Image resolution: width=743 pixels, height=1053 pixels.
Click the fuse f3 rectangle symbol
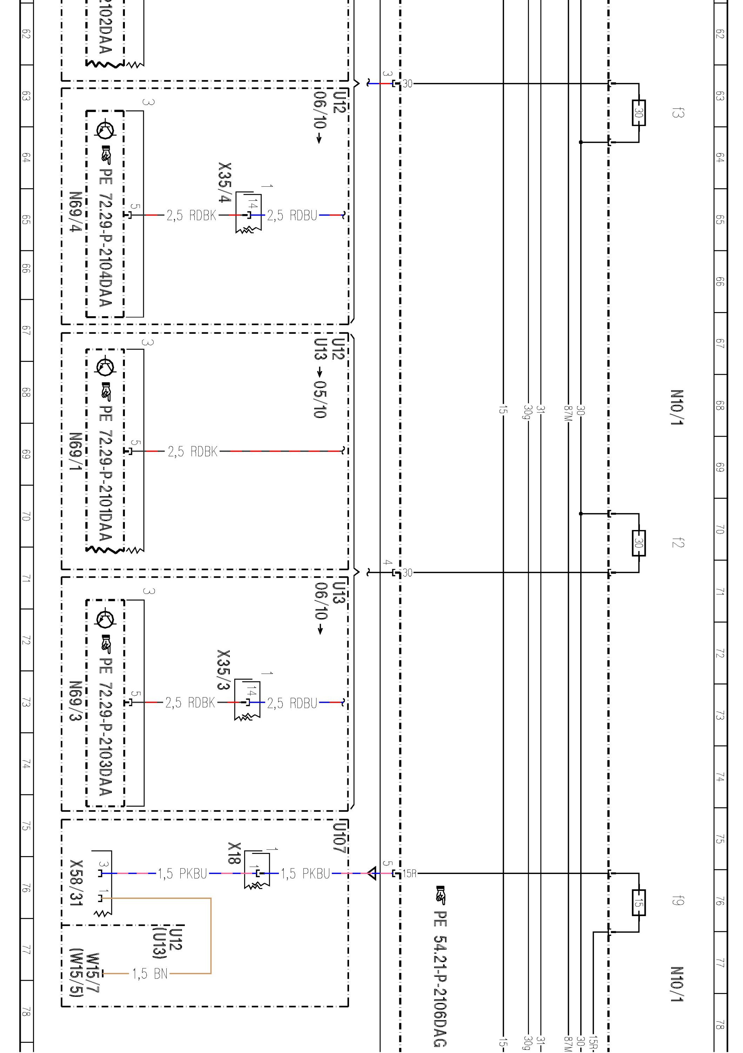(x=638, y=113)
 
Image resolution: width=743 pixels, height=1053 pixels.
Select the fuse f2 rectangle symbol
(x=638, y=543)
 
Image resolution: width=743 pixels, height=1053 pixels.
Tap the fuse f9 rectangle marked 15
(x=638, y=902)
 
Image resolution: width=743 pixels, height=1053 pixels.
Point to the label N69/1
(x=76, y=452)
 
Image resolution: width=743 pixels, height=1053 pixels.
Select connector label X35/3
(x=224, y=670)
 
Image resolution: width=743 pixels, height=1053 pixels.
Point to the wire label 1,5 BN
(x=150, y=973)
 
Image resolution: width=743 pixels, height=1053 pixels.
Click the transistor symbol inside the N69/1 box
(x=105, y=366)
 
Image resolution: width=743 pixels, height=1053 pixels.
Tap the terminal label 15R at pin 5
(x=409, y=874)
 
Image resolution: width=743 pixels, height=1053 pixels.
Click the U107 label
(x=340, y=837)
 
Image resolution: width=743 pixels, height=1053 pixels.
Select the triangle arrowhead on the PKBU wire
(x=372, y=873)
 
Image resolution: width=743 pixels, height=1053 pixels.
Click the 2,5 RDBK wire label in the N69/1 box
(x=192, y=452)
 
